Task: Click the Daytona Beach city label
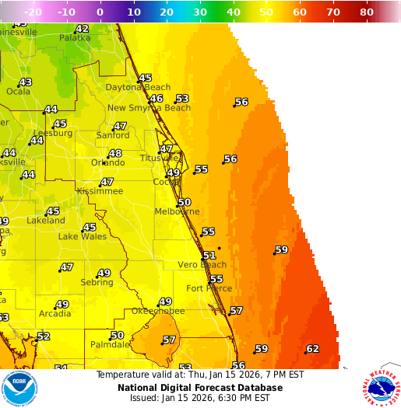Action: tap(138, 87)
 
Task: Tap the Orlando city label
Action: tap(107, 162)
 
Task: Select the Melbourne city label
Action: tap(177, 211)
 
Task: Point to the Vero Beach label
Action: tap(202, 265)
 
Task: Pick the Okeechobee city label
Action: tap(158, 311)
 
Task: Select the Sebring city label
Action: tap(97, 283)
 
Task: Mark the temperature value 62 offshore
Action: tap(313, 349)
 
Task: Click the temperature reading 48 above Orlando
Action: tap(115, 153)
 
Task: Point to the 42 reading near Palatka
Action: tap(82, 29)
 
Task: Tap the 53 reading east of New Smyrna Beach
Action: tap(182, 98)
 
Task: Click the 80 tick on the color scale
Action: tap(367, 13)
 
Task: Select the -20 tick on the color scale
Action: tap(33, 13)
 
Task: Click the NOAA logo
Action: tap(20, 389)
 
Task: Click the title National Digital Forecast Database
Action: tap(200, 387)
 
